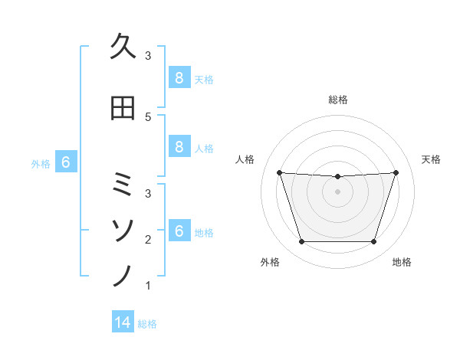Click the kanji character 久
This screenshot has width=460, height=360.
click(123, 47)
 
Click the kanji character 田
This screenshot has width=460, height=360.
click(123, 109)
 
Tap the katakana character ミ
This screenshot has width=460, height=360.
click(123, 184)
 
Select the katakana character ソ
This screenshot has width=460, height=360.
click(123, 228)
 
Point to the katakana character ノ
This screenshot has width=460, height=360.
click(123, 274)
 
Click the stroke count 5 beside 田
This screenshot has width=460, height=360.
click(148, 116)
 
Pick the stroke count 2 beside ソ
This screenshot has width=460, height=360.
click(148, 239)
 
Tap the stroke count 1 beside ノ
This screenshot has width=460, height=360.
click(148, 286)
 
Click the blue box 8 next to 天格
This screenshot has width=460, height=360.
click(179, 78)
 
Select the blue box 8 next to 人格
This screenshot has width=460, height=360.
click(179, 147)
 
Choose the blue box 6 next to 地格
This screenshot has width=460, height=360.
click(179, 232)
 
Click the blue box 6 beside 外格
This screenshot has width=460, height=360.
click(66, 162)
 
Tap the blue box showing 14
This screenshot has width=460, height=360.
click(123, 322)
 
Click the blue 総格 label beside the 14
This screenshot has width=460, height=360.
click(147, 323)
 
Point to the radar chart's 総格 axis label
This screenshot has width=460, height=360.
click(337, 100)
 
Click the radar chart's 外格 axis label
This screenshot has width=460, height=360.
click(270, 262)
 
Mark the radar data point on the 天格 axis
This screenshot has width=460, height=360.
click(396, 172)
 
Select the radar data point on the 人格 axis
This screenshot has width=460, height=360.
click(279, 172)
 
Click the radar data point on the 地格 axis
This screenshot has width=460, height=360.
click(373, 242)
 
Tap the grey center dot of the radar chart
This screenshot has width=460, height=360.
click(337, 191)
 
